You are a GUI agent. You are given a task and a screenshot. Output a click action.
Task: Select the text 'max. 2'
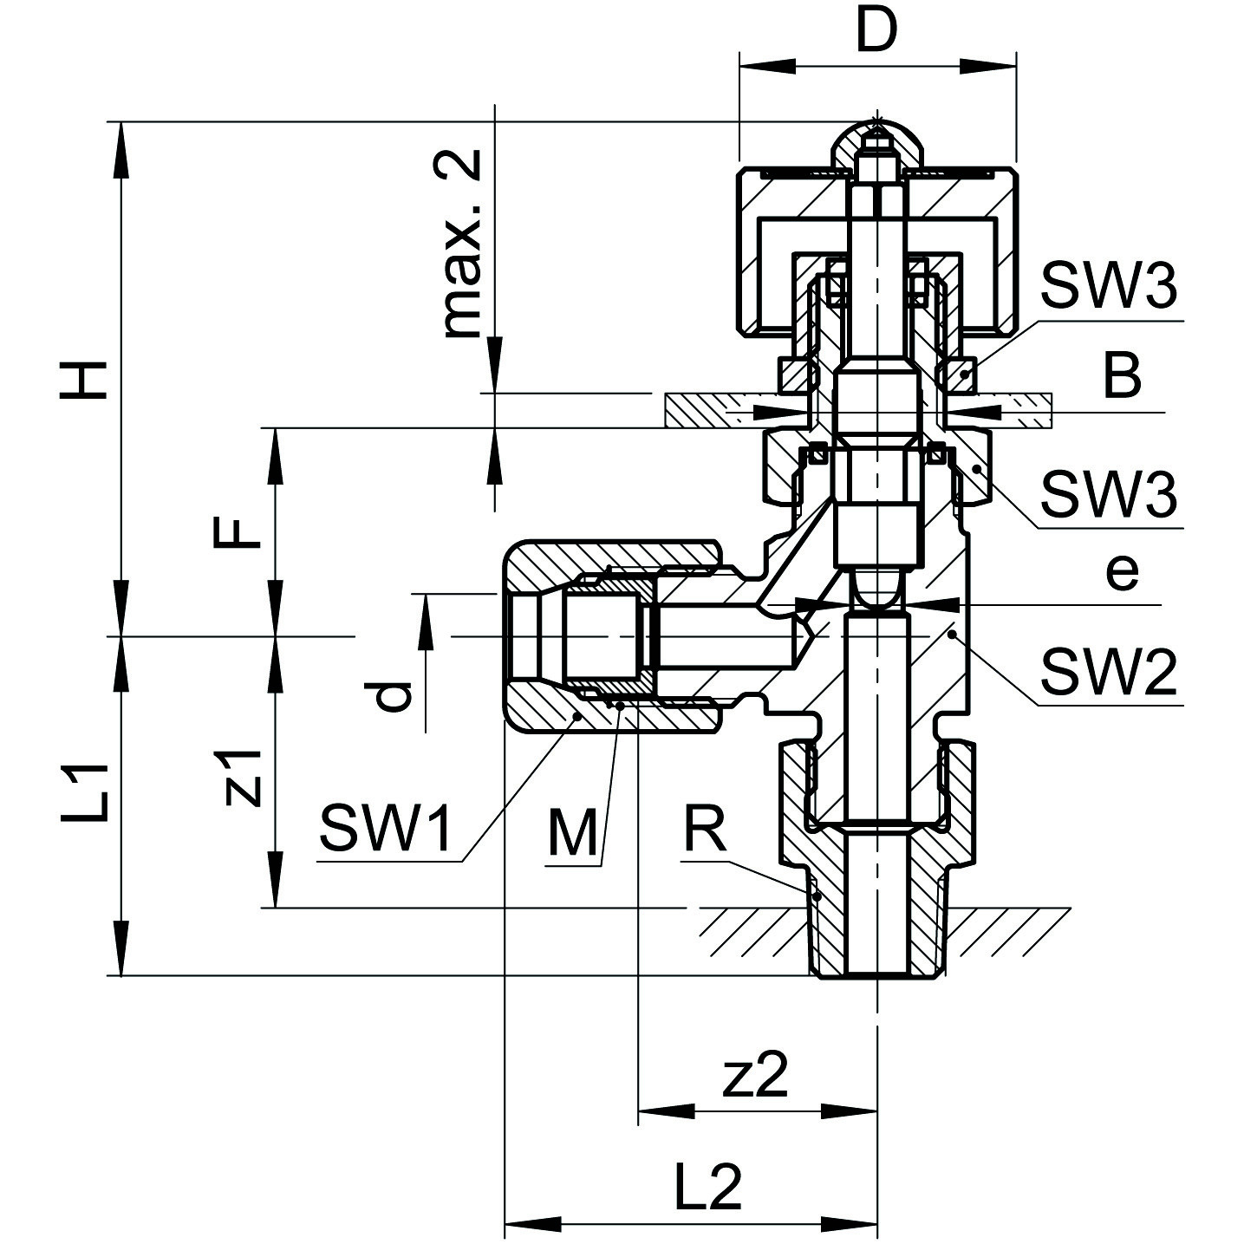(x=462, y=244)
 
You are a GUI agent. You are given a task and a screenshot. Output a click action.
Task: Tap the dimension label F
(x=237, y=531)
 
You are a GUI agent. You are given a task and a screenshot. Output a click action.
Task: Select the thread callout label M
(x=572, y=833)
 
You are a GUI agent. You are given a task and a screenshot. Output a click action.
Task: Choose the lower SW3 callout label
(x=1109, y=494)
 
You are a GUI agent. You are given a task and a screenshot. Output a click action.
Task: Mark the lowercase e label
(x=1122, y=571)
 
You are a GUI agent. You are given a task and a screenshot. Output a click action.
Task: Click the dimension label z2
(x=756, y=1076)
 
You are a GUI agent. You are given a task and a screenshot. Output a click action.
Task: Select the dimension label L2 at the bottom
(x=707, y=1187)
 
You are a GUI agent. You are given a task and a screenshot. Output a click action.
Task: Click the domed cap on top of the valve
(x=877, y=143)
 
